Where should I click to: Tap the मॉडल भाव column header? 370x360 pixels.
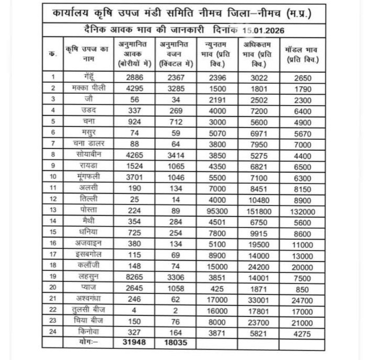coord(303,55)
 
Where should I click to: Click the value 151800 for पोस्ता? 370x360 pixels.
coord(259,209)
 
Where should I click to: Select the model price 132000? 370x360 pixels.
coord(304,209)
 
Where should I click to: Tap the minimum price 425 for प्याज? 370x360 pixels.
coord(215,287)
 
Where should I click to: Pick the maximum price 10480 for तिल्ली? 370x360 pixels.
coord(259,198)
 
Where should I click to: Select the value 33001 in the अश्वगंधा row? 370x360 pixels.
coord(259,298)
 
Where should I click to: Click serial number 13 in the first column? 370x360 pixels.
coord(53,209)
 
